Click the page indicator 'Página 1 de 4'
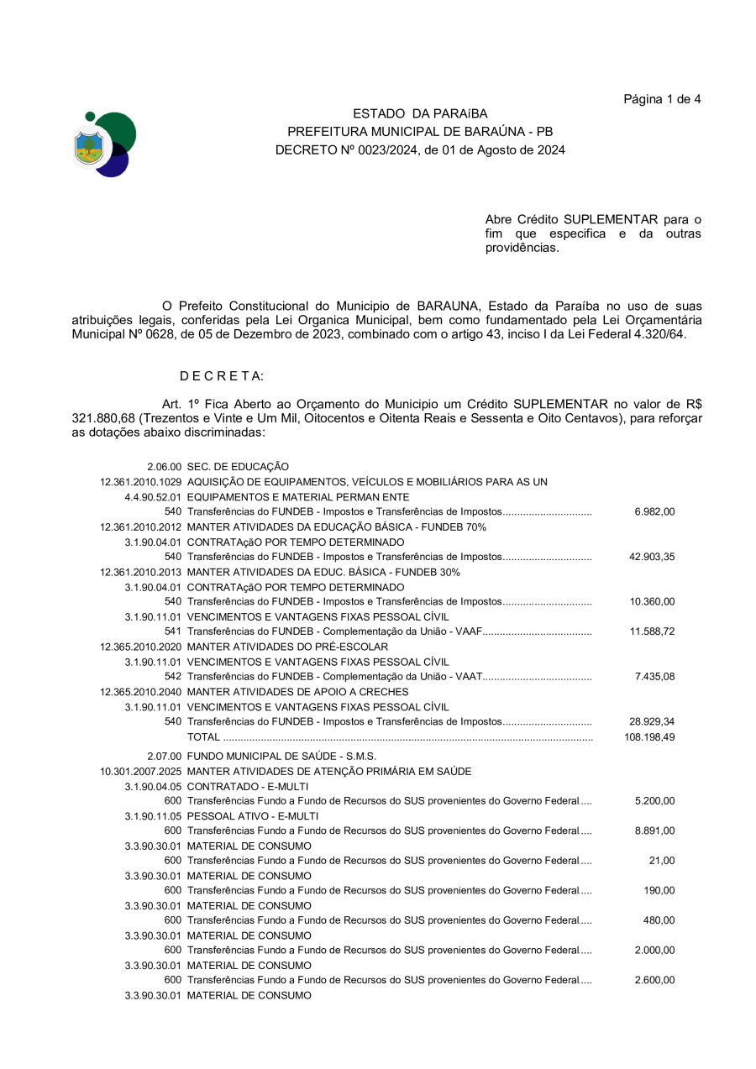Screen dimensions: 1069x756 [662, 99]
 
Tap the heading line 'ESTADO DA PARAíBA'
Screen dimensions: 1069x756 [420, 113]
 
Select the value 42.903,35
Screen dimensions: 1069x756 [652, 556]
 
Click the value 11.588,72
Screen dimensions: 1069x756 [652, 631]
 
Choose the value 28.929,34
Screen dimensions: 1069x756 [652, 721]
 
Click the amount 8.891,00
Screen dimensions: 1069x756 [655, 831]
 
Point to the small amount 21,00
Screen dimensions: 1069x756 [662, 861]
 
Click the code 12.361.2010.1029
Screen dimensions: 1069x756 [140, 481]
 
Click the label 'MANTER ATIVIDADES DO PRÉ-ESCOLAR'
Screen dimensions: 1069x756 [287, 647]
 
